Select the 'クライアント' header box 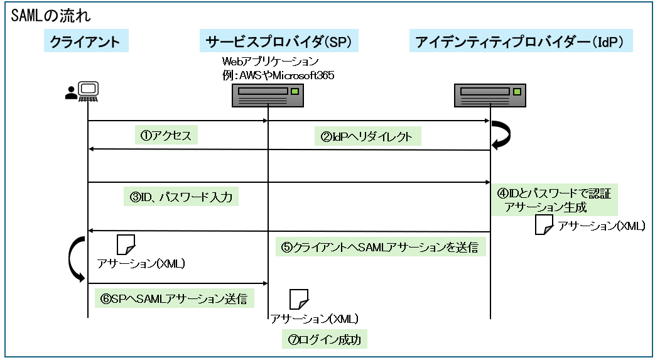tap(85, 42)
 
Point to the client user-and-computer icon tap(82, 93)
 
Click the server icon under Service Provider tap(268, 96)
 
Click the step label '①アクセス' tap(166, 135)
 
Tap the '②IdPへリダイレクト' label tap(367, 136)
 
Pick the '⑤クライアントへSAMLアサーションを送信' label tap(379, 247)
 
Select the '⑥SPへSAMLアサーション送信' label tap(174, 298)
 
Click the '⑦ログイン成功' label tap(323, 339)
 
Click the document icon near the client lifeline tap(126, 244)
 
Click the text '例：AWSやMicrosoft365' tap(278, 75)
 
